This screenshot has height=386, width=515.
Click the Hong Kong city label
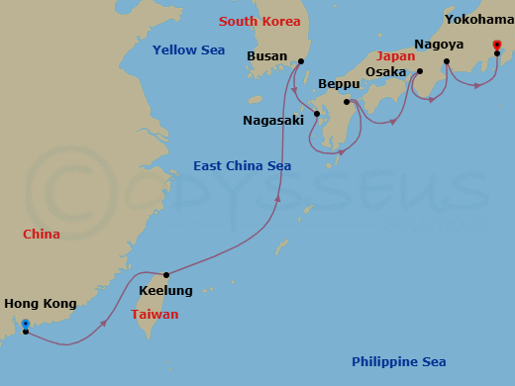(40, 304)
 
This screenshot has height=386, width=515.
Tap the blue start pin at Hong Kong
(25, 325)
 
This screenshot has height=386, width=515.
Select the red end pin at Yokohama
(497, 45)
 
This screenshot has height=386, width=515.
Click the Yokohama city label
(479, 19)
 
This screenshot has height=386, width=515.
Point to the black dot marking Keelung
(166, 274)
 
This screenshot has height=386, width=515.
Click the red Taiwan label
(154, 314)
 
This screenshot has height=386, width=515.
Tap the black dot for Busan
(301, 61)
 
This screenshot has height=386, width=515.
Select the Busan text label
(266, 56)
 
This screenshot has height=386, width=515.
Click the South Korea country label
(258, 21)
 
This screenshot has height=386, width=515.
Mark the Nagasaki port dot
(316, 113)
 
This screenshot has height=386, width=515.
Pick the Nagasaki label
(274, 121)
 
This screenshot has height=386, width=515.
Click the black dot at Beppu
(347, 102)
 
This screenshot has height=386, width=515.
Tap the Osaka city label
(385, 72)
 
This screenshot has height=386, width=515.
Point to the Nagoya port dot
(447, 61)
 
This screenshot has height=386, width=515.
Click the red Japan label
(395, 56)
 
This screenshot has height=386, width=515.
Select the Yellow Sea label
(188, 49)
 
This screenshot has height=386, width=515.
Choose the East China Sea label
(242, 165)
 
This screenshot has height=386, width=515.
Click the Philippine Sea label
(398, 361)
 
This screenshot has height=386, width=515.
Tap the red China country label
(42, 235)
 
